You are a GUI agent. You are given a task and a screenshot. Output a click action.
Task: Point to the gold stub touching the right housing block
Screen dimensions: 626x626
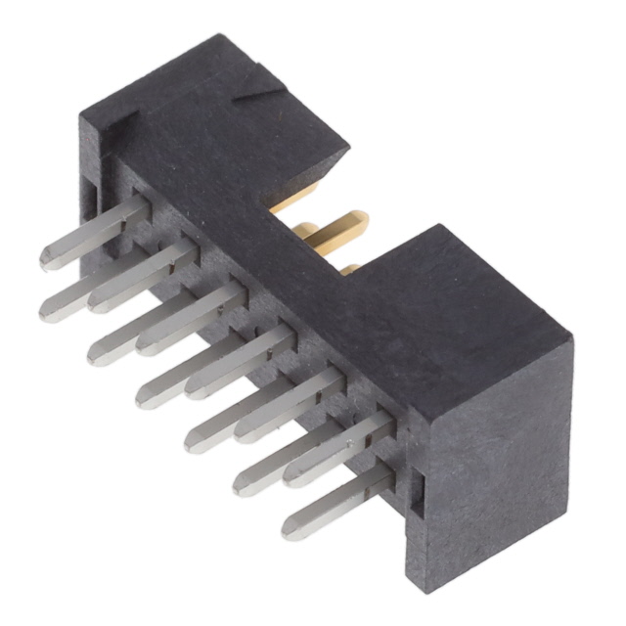(x=350, y=268)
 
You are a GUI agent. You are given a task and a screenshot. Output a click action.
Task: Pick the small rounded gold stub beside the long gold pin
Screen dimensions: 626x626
(x=307, y=232)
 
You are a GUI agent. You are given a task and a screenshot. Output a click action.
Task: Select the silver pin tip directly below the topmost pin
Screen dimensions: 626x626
(x=49, y=311)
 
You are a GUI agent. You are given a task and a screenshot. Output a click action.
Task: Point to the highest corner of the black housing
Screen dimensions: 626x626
(x=221, y=36)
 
